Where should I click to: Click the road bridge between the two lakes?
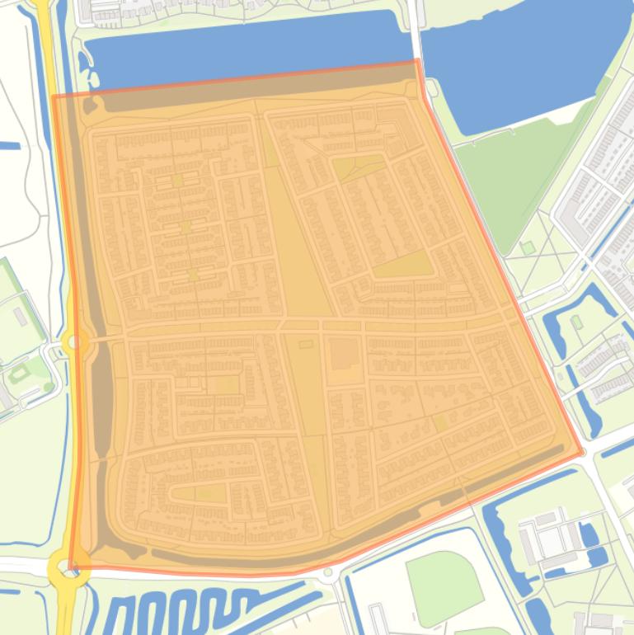(418, 33)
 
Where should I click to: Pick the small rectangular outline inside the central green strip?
(306, 344)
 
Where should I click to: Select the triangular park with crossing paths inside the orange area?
(357, 168)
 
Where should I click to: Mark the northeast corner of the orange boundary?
(419, 60)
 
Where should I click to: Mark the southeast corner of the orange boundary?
(583, 454)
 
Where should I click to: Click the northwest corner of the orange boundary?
(54, 96)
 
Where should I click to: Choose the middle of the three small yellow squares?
(186, 226)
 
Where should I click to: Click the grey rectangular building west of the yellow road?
(21, 316)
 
